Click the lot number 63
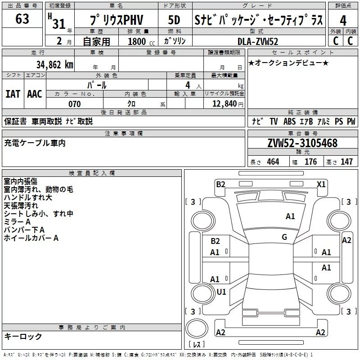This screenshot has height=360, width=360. tap(22, 18)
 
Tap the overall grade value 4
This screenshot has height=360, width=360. tap(343, 20)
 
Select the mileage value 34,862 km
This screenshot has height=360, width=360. tap(55, 65)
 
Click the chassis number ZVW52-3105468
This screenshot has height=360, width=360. tap(302, 143)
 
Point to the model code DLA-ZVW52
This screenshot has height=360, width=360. tap(257, 41)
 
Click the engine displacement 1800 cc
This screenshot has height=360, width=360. tap(141, 41)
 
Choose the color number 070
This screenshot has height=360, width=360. tap(75, 104)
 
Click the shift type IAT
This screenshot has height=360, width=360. tap(13, 94)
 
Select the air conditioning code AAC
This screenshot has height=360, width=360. tap(35, 94)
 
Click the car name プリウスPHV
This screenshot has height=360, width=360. tap(116, 20)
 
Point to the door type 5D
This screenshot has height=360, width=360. tap(174, 20)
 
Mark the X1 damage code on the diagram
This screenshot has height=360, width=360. tap(321, 184)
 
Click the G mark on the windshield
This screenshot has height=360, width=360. tap(284, 237)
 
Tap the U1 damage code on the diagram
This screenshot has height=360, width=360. tap(221, 292)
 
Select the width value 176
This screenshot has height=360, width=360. tap(310, 162)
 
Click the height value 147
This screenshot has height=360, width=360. tap(346, 162)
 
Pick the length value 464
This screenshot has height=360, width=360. tap(273, 162)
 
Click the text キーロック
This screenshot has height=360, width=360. tap(23, 336)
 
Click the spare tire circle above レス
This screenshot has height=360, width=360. tap(197, 328)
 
